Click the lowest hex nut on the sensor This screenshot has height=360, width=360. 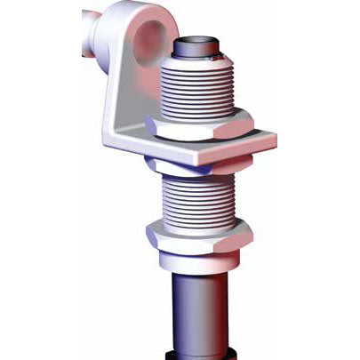(197, 238)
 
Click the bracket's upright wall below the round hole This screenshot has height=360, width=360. (124, 98)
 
